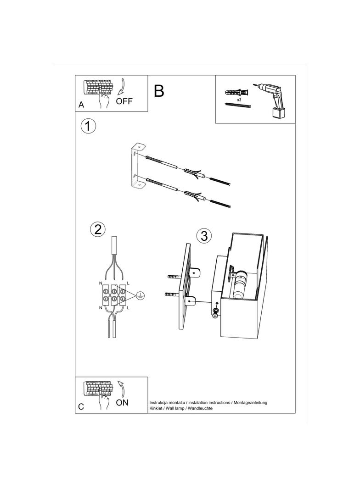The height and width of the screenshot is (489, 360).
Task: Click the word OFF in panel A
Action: [124, 101]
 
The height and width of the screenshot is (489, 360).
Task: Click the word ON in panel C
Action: [122, 403]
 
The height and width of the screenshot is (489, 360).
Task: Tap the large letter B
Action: [159, 91]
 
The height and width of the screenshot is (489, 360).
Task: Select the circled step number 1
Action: [88, 126]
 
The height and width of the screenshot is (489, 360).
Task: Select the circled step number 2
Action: [98, 229]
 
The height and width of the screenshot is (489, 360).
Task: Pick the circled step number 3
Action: [204, 236]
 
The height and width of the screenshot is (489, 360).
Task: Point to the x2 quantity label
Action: [239, 100]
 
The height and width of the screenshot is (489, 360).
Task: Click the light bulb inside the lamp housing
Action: [240, 284]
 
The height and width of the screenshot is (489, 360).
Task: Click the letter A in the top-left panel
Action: [81, 105]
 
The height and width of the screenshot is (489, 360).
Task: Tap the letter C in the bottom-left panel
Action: [81, 407]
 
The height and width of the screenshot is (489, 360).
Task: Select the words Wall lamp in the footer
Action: [175, 408]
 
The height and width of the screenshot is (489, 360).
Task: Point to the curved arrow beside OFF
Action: [122, 86]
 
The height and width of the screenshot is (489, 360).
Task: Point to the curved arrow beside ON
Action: [122, 388]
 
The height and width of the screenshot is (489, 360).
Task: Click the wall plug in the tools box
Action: [237, 93]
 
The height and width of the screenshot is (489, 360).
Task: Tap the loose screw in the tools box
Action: [238, 106]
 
